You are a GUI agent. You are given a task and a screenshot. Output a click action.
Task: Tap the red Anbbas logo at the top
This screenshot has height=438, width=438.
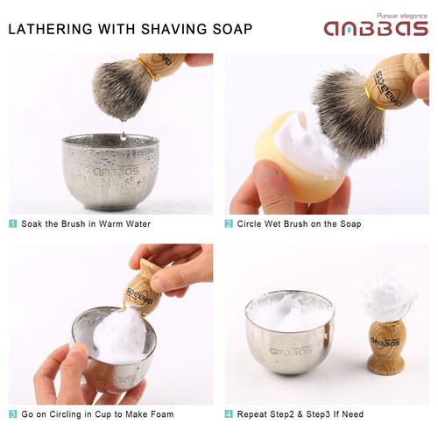tap(375, 29)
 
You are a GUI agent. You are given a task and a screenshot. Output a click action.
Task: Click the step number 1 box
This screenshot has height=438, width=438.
tap(13, 223)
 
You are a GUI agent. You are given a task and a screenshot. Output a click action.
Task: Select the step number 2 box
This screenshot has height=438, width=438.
tap(229, 223)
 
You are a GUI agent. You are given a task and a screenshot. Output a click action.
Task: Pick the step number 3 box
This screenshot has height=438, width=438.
tap(13, 413)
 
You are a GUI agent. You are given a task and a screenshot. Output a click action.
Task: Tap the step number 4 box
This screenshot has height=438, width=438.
tap(229, 413)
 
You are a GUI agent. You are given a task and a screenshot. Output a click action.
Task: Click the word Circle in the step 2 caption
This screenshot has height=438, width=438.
tap(251, 223)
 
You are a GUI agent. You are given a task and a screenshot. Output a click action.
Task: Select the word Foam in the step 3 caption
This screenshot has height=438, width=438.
tap(160, 413)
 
